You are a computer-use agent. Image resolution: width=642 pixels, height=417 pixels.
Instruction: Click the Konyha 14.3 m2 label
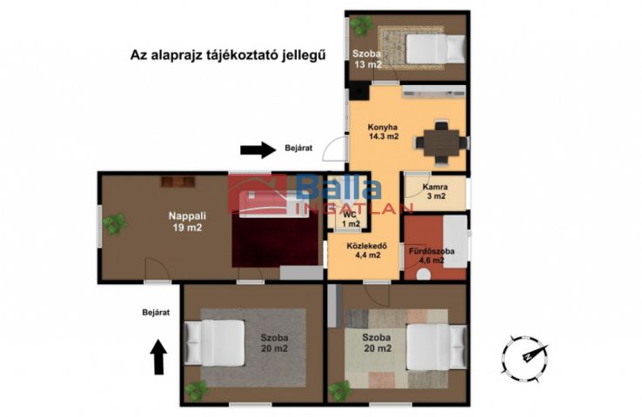click(x=384, y=132)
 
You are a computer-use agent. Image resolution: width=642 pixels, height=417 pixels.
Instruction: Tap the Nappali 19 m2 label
click(x=187, y=222)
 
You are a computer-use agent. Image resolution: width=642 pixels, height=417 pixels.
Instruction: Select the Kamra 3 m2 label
click(x=435, y=191)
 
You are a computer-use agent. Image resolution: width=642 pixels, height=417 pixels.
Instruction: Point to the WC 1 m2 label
click(x=351, y=220)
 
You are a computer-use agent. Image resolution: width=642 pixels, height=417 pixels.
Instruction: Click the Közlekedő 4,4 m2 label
click(x=367, y=250)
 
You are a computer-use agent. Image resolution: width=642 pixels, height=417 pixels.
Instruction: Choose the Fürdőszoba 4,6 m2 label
click(x=431, y=255)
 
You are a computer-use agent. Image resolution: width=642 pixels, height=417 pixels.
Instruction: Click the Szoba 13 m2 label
click(x=367, y=59)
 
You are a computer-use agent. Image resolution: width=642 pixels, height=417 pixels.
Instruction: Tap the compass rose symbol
click(x=525, y=357)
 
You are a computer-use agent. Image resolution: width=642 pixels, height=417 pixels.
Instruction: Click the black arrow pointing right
click(x=258, y=149)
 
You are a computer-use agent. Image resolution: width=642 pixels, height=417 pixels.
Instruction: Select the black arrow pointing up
click(x=159, y=357)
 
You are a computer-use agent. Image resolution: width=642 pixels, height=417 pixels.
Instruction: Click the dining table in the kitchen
click(x=441, y=142)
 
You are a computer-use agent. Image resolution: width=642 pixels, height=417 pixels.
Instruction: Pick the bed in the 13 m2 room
click(x=436, y=49)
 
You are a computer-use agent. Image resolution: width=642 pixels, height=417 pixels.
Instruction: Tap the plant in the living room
click(x=114, y=223)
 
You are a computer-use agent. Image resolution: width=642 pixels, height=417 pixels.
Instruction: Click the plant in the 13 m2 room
click(x=361, y=25)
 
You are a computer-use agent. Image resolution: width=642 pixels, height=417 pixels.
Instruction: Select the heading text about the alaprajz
click(x=228, y=55)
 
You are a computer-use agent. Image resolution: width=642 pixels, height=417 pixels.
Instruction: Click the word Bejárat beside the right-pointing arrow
click(x=298, y=148)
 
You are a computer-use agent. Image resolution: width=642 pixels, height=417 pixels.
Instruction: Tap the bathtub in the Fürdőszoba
click(x=455, y=242)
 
